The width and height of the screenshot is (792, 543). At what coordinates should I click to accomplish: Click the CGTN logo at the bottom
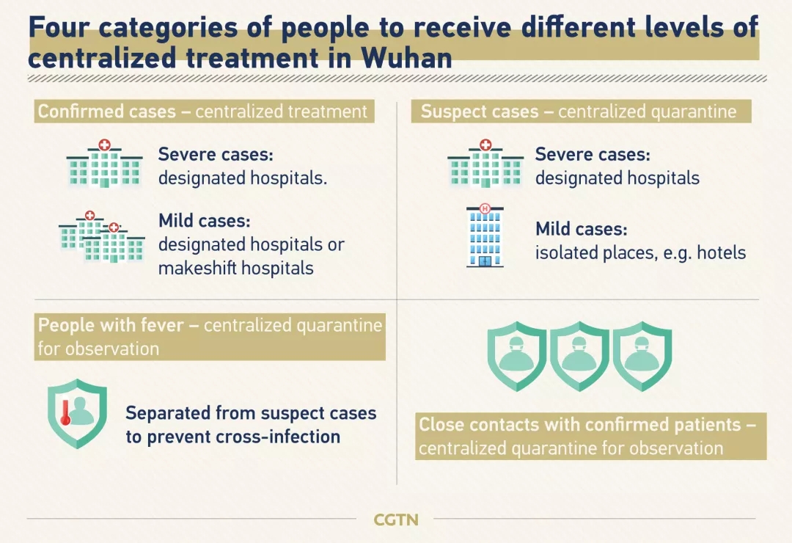click(396, 520)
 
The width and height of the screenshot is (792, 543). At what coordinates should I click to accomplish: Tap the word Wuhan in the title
click(406, 58)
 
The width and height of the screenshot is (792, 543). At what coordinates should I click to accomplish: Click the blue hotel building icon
click(485, 236)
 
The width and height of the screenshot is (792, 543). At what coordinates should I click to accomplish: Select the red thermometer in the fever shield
click(65, 412)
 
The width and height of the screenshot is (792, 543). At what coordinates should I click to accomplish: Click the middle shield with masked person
click(579, 356)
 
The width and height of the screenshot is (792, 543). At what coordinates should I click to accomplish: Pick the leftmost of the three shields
click(517, 356)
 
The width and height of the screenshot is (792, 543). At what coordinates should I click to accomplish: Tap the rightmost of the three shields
click(642, 356)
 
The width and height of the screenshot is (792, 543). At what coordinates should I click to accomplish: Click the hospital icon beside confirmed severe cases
click(105, 164)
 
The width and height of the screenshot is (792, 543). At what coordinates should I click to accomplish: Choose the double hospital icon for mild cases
click(101, 236)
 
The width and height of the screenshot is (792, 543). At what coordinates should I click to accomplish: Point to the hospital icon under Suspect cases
click(485, 164)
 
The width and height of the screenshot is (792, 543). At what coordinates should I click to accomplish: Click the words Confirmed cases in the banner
click(107, 112)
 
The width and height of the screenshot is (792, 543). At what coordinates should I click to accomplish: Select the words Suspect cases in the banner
click(480, 112)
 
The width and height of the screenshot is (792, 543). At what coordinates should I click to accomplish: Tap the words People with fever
click(111, 325)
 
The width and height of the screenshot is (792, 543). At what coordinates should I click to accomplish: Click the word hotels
click(722, 252)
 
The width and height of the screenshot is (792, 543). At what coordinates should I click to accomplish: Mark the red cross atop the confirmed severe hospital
click(105, 145)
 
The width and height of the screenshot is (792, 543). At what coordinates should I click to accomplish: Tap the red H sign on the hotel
click(485, 208)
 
